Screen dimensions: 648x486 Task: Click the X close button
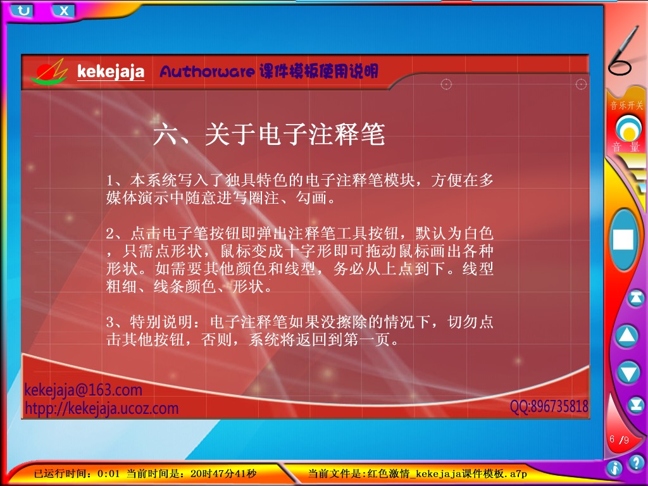(64, 11)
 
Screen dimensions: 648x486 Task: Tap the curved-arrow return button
(23, 10)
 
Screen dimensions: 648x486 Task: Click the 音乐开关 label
(627, 106)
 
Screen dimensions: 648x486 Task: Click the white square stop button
(623, 239)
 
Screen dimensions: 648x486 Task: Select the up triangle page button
(627, 335)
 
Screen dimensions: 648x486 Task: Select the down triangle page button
(628, 372)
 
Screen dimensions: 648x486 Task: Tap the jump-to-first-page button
(635, 297)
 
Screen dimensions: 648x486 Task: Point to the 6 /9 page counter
(619, 439)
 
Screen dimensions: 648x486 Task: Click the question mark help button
(637, 461)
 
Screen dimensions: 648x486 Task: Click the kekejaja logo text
(111, 72)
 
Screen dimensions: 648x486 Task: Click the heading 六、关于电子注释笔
(269, 134)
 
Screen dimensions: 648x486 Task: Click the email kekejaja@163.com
(84, 390)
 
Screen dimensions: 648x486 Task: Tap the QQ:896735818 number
(549, 406)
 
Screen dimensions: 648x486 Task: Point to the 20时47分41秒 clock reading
(223, 473)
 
